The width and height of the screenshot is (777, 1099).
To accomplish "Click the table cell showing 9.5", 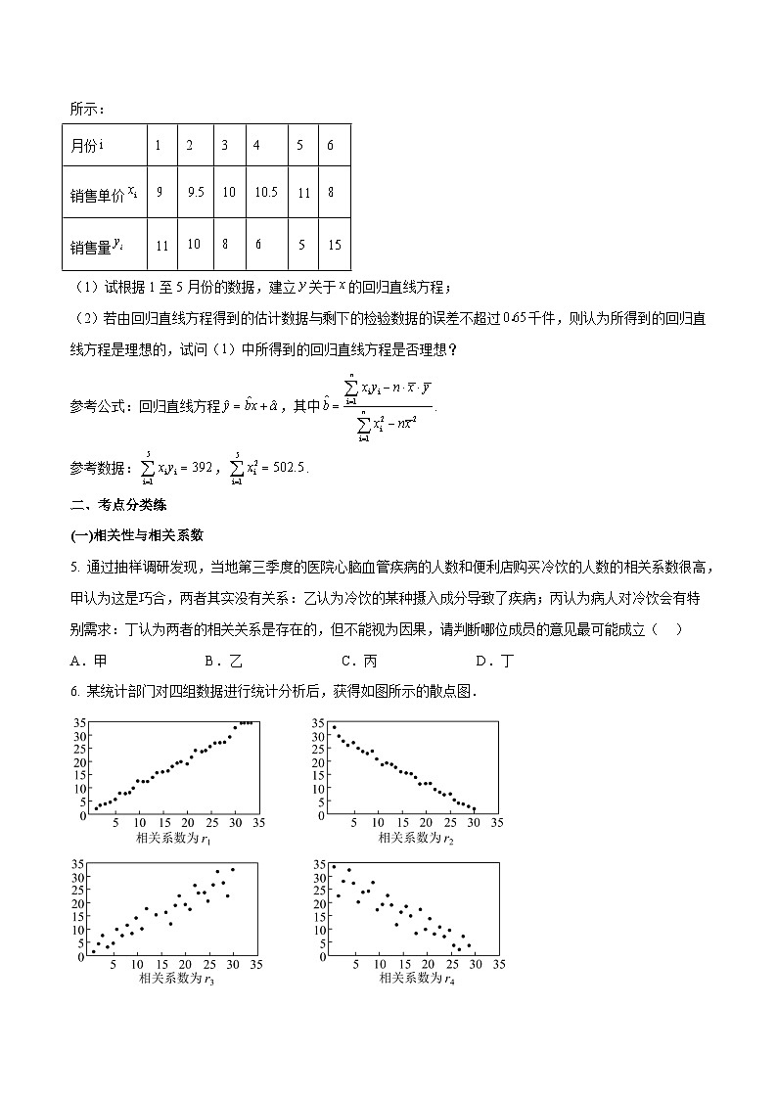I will click(x=195, y=193).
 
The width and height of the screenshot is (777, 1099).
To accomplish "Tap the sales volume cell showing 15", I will click(x=334, y=245).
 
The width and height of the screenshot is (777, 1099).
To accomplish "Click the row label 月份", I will click(x=88, y=145).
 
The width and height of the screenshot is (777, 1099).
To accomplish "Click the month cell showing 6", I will click(x=331, y=145).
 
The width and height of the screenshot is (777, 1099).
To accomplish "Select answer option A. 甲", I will click(x=86, y=661).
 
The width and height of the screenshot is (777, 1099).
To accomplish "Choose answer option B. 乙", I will click(x=221, y=661).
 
